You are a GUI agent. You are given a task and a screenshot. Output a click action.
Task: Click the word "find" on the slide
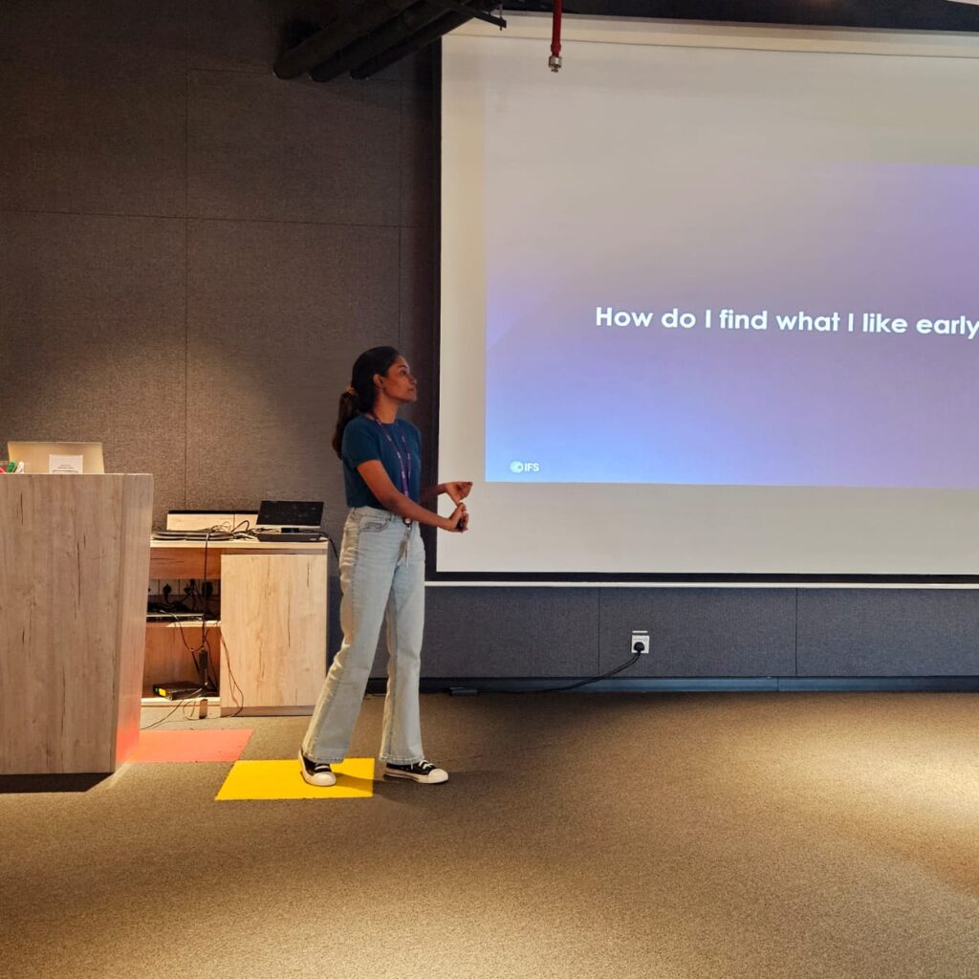point(743,319)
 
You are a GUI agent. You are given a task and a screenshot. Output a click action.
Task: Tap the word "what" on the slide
point(807,321)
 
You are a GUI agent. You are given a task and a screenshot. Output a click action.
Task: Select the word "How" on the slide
point(623,317)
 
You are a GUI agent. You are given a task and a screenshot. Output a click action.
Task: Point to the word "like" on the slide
point(884,323)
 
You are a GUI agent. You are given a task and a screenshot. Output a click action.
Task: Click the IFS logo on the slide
point(524,467)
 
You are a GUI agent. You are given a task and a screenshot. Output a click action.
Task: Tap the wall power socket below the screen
point(640,642)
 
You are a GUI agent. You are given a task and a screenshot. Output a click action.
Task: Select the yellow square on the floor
point(295,778)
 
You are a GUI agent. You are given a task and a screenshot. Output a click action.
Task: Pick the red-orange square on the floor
point(192,746)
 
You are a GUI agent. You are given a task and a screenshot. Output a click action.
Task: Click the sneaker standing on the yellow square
point(317,770)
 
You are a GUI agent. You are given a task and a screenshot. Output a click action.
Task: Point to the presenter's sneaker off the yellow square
point(416,772)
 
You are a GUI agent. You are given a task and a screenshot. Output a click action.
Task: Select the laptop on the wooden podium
point(56,458)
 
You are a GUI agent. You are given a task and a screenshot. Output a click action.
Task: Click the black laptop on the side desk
point(291,521)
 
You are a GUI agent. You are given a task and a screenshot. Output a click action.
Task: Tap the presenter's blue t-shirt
point(381,461)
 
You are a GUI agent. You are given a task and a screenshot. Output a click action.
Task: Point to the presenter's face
point(404,379)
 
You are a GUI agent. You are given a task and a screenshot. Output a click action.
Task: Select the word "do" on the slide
point(678,318)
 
